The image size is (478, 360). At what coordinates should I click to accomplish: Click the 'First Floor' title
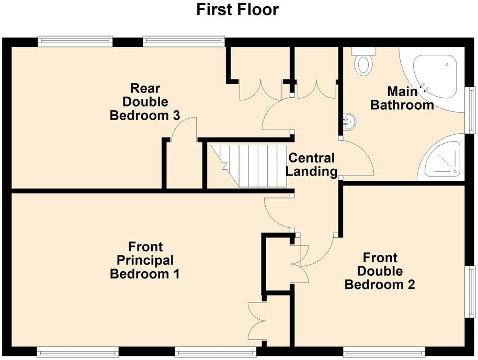click(238, 9)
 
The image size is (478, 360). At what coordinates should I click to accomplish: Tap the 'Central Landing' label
click(312, 165)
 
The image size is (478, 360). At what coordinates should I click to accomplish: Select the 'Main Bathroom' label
click(402, 98)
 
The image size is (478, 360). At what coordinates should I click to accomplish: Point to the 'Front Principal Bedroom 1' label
click(145, 260)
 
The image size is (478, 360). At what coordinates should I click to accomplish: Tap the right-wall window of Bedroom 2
click(471, 290)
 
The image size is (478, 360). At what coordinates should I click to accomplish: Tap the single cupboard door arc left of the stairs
click(183, 128)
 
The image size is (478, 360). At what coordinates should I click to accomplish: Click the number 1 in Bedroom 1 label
click(176, 274)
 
